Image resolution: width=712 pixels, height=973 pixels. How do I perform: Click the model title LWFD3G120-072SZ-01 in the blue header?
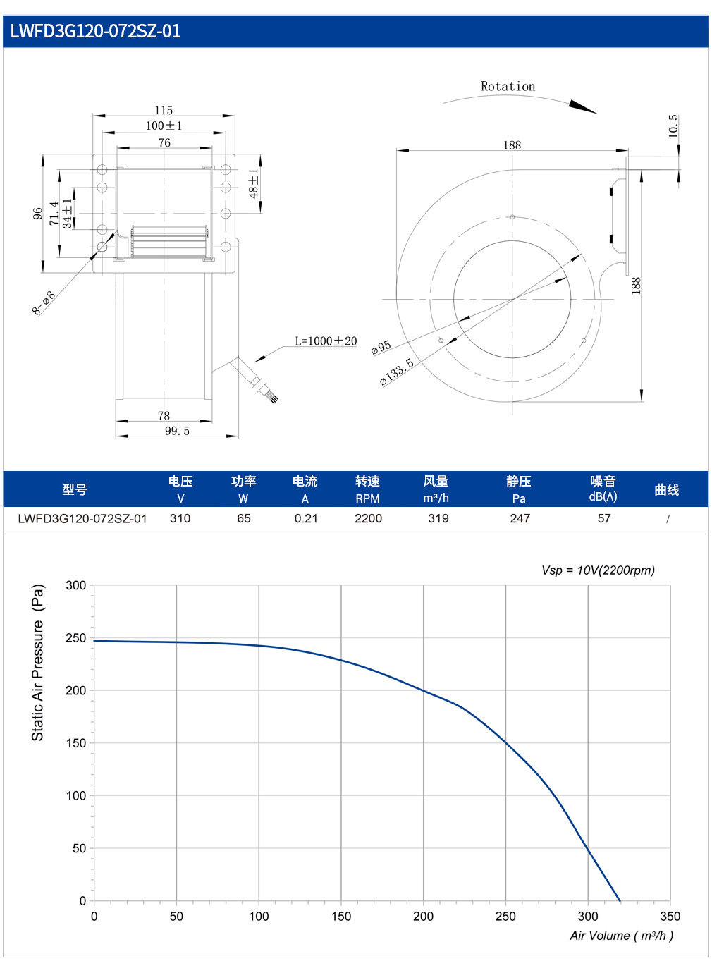point(95,31)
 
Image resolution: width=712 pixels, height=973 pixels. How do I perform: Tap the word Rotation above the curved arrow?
point(508,87)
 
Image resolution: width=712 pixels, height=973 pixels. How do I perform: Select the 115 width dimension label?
point(164,110)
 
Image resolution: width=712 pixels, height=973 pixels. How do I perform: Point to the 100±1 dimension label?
point(164,126)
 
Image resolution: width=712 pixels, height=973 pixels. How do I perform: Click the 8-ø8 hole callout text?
point(44,302)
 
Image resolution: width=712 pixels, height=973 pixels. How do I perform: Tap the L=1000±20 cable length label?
point(326,341)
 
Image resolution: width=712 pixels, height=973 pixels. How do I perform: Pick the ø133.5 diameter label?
point(397,372)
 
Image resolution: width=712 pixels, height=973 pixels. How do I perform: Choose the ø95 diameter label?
point(381,348)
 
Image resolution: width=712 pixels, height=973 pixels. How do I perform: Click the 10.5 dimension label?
point(673,126)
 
